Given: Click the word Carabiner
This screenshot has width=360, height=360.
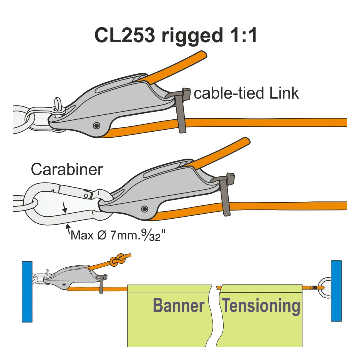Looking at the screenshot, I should coord(67,169).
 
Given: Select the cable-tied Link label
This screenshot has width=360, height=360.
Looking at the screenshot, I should coord(246,93).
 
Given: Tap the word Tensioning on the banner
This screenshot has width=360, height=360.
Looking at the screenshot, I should coord(261,305).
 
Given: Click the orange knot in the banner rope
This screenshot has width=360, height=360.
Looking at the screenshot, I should coord(117,260).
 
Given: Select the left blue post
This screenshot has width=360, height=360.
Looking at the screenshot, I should coord(27,291).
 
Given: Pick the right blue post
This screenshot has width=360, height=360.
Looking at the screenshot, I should coord(336,291).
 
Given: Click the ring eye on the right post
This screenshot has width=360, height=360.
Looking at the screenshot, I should coord(324,287).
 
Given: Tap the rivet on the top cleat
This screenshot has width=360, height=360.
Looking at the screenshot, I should coord(97,125).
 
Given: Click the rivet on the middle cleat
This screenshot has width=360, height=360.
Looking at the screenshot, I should coord(144,209).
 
